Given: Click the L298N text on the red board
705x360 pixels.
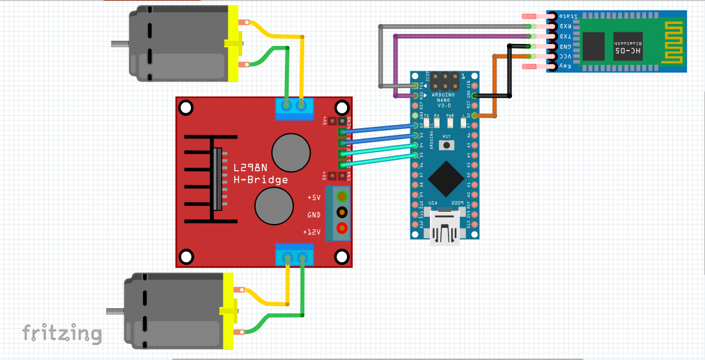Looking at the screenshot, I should pyautogui.click(x=250, y=168).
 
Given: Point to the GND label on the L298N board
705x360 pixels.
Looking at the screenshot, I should pyautogui.click(x=313, y=214).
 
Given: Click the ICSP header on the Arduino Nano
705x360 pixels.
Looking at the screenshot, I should pyautogui.click(x=445, y=82).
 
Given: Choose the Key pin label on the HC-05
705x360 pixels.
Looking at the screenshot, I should pyautogui.click(x=565, y=66).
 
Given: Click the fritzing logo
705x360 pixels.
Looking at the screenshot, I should pyautogui.click(x=62, y=333).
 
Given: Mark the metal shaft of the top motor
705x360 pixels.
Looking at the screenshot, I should pyautogui.click(x=120, y=45).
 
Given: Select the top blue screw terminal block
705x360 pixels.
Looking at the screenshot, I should pyautogui.click(x=294, y=107).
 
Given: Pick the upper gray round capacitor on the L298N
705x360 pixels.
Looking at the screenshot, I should pyautogui.click(x=289, y=151).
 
